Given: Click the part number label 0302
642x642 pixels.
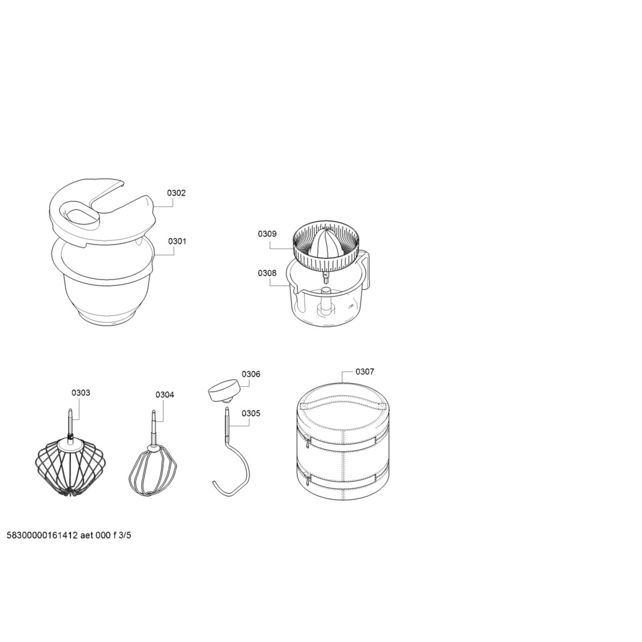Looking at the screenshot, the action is tap(176, 193).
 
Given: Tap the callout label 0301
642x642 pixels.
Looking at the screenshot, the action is tap(177, 241).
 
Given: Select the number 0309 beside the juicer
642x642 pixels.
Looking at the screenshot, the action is tap(267, 234).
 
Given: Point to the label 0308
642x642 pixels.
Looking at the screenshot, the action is tap(267, 273).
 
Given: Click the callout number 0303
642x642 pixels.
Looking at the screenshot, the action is tap(81, 392).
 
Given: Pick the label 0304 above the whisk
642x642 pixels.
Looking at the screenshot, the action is tap(165, 395).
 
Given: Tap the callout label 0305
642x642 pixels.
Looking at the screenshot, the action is tap(251, 413).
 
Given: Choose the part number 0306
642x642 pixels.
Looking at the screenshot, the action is tap(251, 374).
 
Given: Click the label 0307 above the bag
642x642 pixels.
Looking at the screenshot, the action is tap(364, 371).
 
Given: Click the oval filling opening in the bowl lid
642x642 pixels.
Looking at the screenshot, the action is tap(80, 216).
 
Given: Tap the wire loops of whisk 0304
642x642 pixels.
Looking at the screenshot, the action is tap(153, 471).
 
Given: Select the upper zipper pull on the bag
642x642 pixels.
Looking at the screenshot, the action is tap(307, 441).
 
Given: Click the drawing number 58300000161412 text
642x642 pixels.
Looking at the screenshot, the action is tap(42, 535).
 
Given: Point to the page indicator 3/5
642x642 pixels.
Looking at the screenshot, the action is tap(124, 535).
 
